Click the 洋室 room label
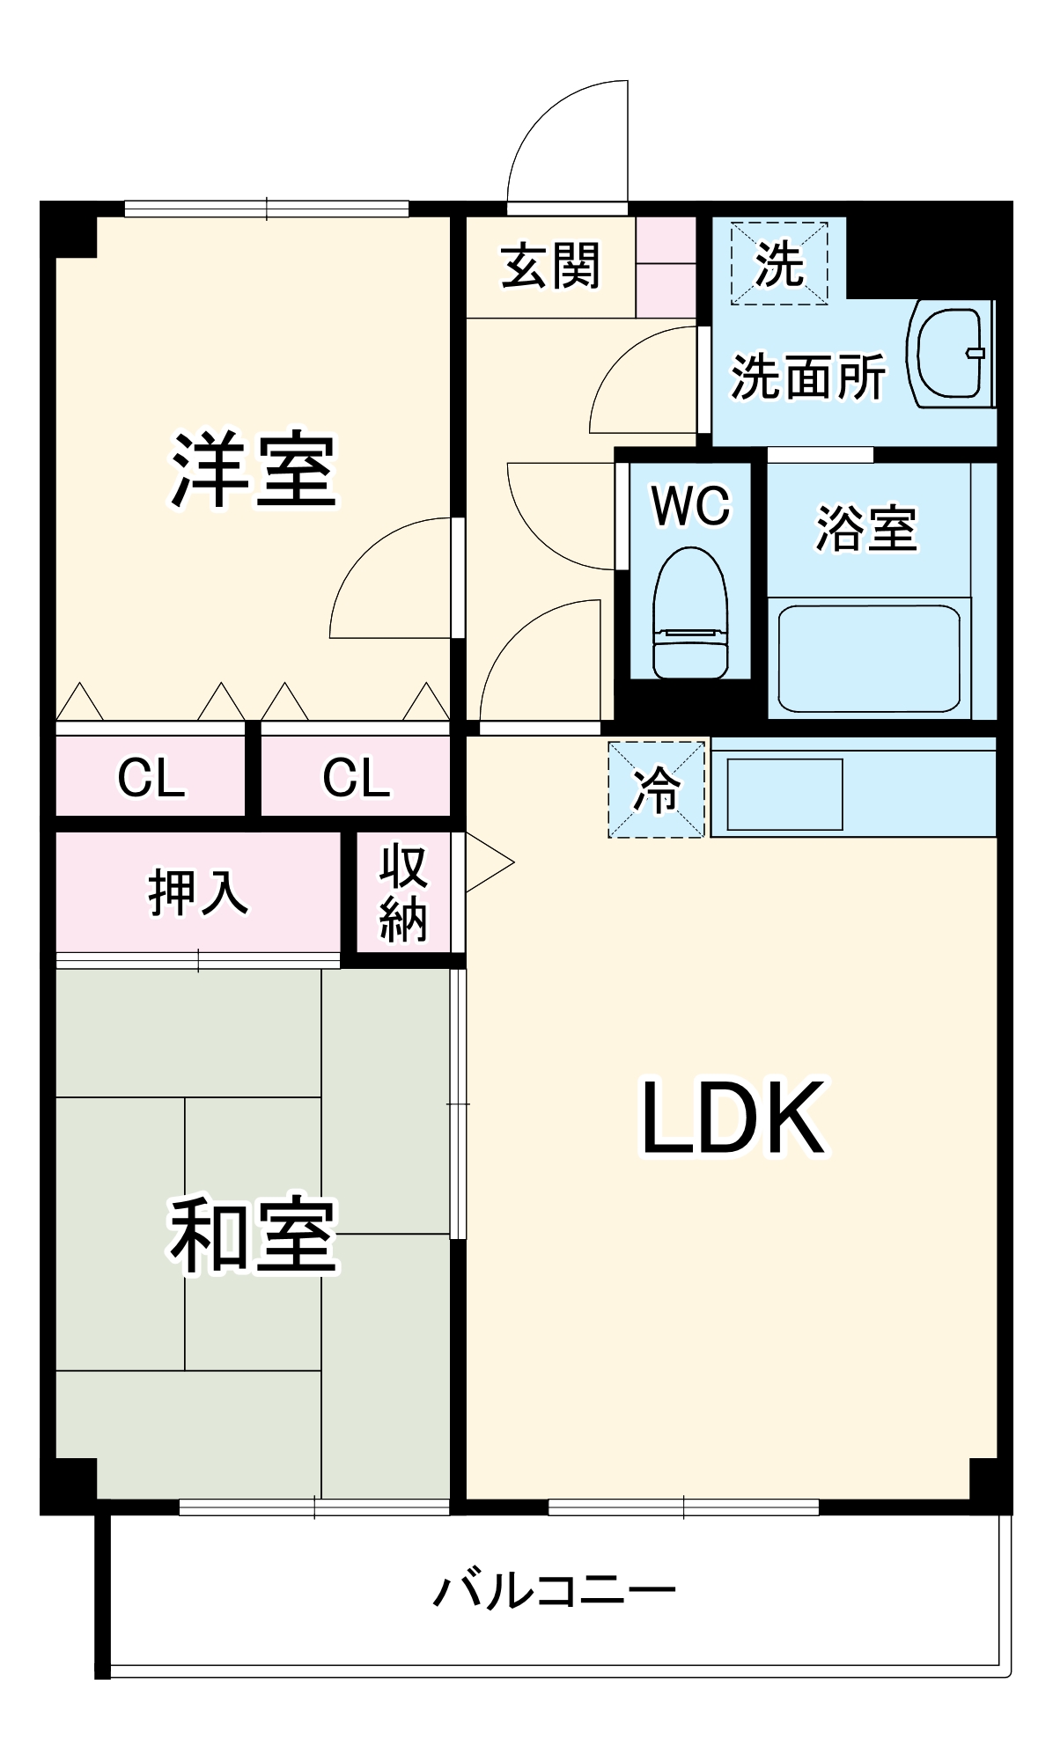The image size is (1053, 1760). (x=253, y=470)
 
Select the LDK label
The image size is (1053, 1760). (x=733, y=1118)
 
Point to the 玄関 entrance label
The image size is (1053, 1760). (x=550, y=266)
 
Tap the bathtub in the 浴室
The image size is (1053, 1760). (x=868, y=657)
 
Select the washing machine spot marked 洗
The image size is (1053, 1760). (x=779, y=263)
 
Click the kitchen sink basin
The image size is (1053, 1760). (x=784, y=795)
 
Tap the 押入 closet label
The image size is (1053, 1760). (x=197, y=892)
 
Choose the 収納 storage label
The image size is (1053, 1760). (x=403, y=893)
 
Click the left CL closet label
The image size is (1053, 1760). (x=151, y=777)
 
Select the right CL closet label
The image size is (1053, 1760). (x=356, y=777)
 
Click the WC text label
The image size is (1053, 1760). (x=690, y=505)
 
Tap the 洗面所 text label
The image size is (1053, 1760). (x=808, y=378)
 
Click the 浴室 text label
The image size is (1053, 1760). (x=866, y=528)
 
